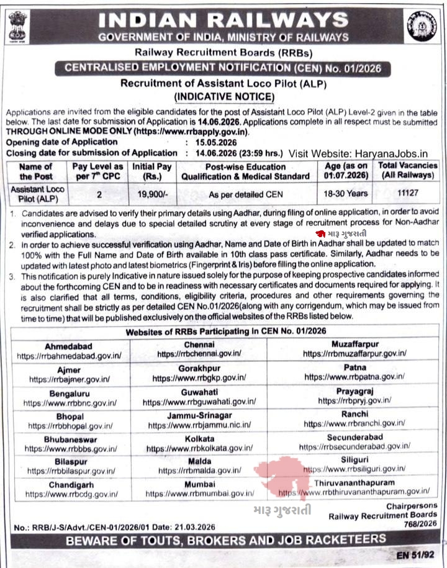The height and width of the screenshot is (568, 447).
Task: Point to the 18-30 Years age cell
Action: [347, 194]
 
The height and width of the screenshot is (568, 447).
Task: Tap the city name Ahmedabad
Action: [70, 346]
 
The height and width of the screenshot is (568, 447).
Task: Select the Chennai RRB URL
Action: [199, 353]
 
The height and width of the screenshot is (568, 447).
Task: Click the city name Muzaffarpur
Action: [354, 344]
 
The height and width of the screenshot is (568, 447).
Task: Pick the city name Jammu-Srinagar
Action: [199, 415]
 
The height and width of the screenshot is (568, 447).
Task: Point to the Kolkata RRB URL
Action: [199, 448]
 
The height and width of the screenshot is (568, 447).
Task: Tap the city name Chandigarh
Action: [70, 484]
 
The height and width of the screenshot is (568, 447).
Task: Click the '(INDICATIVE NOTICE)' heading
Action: [223, 96]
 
